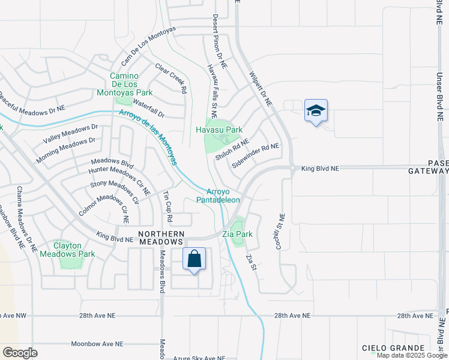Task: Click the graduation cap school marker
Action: pos(316,111)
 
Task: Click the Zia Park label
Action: pos(237,234)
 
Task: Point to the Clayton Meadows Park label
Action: pos(67,250)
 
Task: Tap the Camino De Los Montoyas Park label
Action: pos(125,85)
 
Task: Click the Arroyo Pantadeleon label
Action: pos(219,196)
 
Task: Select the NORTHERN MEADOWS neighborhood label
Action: pos(169,236)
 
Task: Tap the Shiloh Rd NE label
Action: pos(232,149)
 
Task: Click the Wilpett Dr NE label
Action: pos(261,89)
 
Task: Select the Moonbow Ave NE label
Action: pos(97,344)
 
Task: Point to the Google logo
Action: pos(20,353)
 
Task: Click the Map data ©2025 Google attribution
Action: pos(412,355)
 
